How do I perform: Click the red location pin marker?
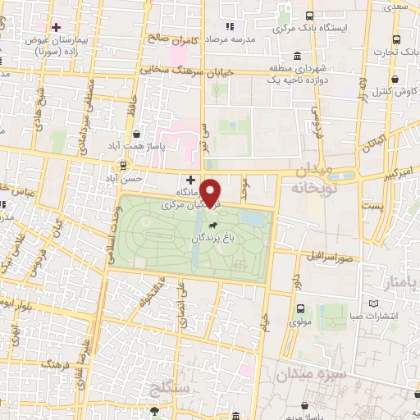[x=212, y=193]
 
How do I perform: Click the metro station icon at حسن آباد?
[x=124, y=164]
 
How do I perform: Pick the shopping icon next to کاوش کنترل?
[x=397, y=80]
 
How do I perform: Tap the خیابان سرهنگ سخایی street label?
[x=187, y=71]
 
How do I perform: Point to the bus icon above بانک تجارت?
[x=398, y=38]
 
